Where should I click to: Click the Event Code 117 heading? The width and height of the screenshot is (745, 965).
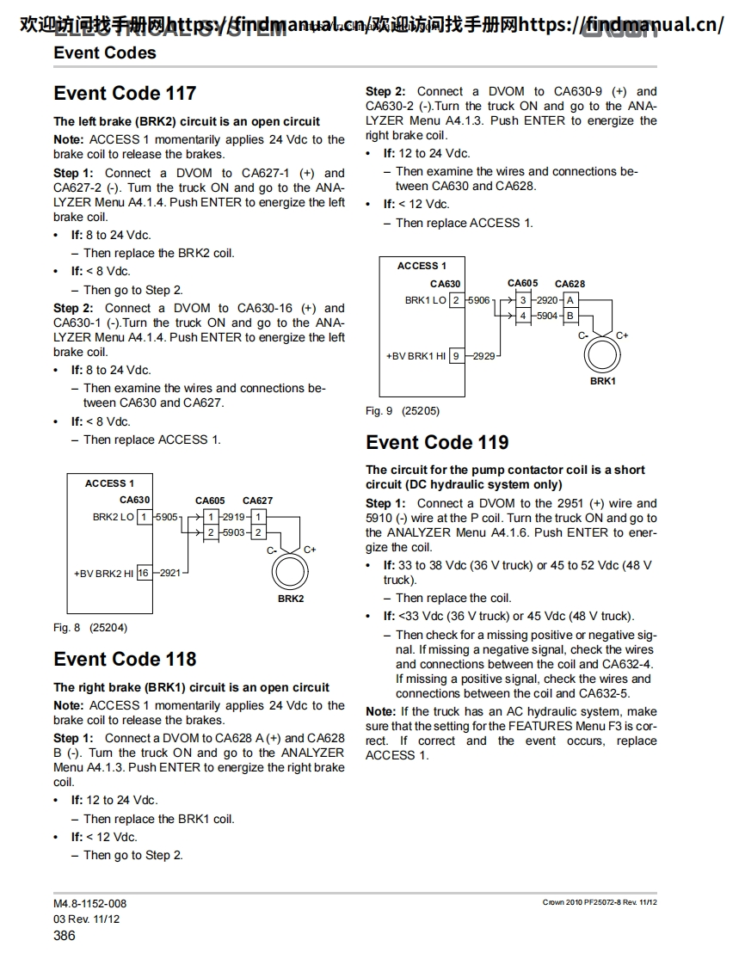[125, 93]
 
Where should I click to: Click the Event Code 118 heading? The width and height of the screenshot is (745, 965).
[125, 659]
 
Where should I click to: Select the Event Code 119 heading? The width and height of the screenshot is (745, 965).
[437, 442]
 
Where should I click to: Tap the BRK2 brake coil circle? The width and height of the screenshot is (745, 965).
[291, 571]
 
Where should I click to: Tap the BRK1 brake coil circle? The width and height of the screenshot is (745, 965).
[603, 354]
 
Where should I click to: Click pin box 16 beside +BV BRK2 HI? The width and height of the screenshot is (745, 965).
[143, 573]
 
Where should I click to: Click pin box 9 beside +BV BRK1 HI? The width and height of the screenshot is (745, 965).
[455, 355]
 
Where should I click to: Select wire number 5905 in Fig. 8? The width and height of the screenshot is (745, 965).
[167, 517]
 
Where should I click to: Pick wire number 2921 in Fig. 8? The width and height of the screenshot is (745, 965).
[170, 573]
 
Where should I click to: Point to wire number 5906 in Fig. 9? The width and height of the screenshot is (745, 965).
[479, 300]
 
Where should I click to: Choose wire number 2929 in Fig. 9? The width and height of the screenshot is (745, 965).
[483, 355]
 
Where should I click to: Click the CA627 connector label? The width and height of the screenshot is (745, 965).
[257, 500]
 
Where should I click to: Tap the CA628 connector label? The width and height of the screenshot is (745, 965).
[570, 284]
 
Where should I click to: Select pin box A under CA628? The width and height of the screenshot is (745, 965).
[570, 300]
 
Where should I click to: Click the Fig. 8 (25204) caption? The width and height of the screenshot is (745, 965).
[90, 628]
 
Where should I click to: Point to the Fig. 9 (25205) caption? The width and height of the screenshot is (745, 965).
[403, 411]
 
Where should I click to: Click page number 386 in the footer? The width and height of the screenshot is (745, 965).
[65, 935]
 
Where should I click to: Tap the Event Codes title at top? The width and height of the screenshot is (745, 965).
[105, 52]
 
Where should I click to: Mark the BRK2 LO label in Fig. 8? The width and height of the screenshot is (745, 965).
[114, 517]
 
